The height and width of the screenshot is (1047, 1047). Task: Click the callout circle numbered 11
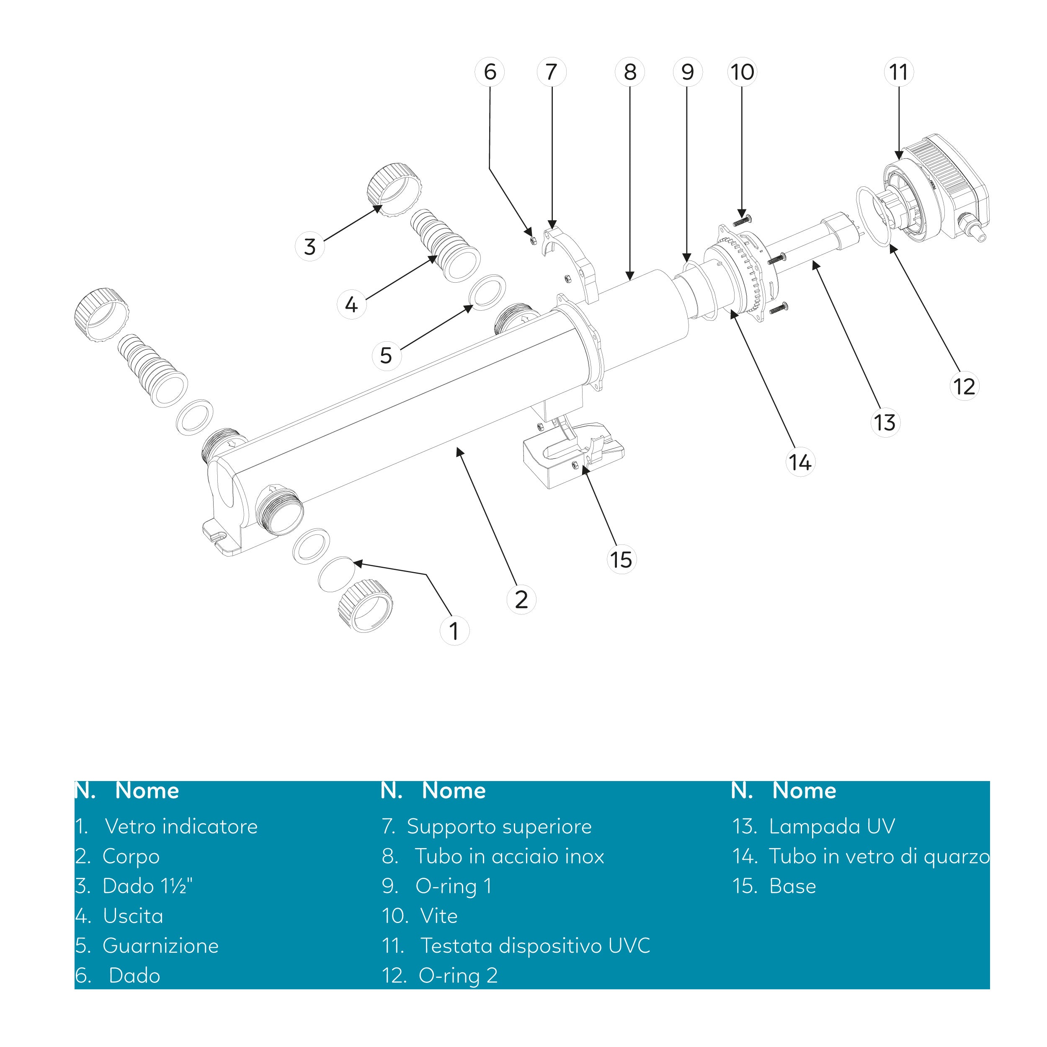(898, 72)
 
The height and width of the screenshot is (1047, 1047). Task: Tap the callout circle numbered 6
(489, 72)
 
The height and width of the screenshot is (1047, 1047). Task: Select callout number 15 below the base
(621, 559)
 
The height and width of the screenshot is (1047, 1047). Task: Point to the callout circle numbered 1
(454, 631)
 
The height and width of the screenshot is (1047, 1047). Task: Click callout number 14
(800, 462)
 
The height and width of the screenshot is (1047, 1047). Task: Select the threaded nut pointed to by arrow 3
(393, 190)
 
